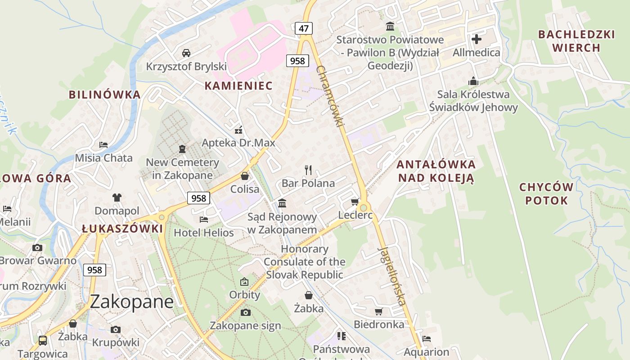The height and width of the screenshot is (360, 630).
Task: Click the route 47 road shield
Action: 304,29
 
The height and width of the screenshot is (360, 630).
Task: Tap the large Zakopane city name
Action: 132,301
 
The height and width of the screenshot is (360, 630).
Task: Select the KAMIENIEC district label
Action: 238,85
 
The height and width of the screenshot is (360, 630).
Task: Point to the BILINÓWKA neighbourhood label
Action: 104,94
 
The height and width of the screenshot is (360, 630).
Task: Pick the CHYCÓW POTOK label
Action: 546,193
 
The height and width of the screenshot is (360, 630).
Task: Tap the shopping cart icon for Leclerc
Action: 355,202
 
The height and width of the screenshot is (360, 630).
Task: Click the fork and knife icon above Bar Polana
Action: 308,170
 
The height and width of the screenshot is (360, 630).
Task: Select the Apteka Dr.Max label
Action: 238,143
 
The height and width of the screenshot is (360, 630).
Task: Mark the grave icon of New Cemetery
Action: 182,148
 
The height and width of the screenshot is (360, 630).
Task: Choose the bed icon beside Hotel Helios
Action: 204,219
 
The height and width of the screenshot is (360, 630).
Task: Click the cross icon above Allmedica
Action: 477,39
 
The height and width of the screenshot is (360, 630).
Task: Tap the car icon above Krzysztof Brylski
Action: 186,53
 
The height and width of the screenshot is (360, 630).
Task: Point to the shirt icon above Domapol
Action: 117,197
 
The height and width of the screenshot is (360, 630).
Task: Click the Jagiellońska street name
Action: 392,275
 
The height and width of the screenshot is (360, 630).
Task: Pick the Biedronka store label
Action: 379,324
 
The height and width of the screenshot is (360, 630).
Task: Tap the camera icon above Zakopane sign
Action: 245,312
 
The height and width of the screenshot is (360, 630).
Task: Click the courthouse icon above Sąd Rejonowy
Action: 282,203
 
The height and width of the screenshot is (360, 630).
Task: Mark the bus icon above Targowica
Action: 43,340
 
